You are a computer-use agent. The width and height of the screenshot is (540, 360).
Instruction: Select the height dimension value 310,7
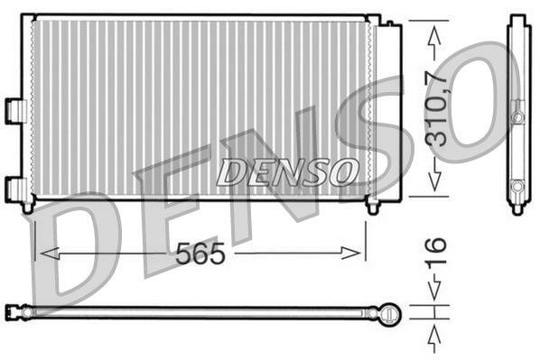437,109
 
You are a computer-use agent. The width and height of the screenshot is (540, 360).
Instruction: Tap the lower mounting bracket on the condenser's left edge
15,188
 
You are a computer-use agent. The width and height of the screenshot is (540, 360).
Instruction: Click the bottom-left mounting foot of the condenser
28,207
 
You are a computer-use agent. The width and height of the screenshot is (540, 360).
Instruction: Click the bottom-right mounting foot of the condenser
372,207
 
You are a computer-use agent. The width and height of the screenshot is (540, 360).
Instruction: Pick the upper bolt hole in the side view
517,117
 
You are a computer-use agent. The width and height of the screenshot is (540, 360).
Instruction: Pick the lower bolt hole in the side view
517,187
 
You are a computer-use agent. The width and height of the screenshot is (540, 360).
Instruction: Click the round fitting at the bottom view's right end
389,312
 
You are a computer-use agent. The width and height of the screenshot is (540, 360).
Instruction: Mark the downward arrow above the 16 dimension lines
435,291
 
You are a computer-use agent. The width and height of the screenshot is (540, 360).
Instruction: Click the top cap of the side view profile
517,21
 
